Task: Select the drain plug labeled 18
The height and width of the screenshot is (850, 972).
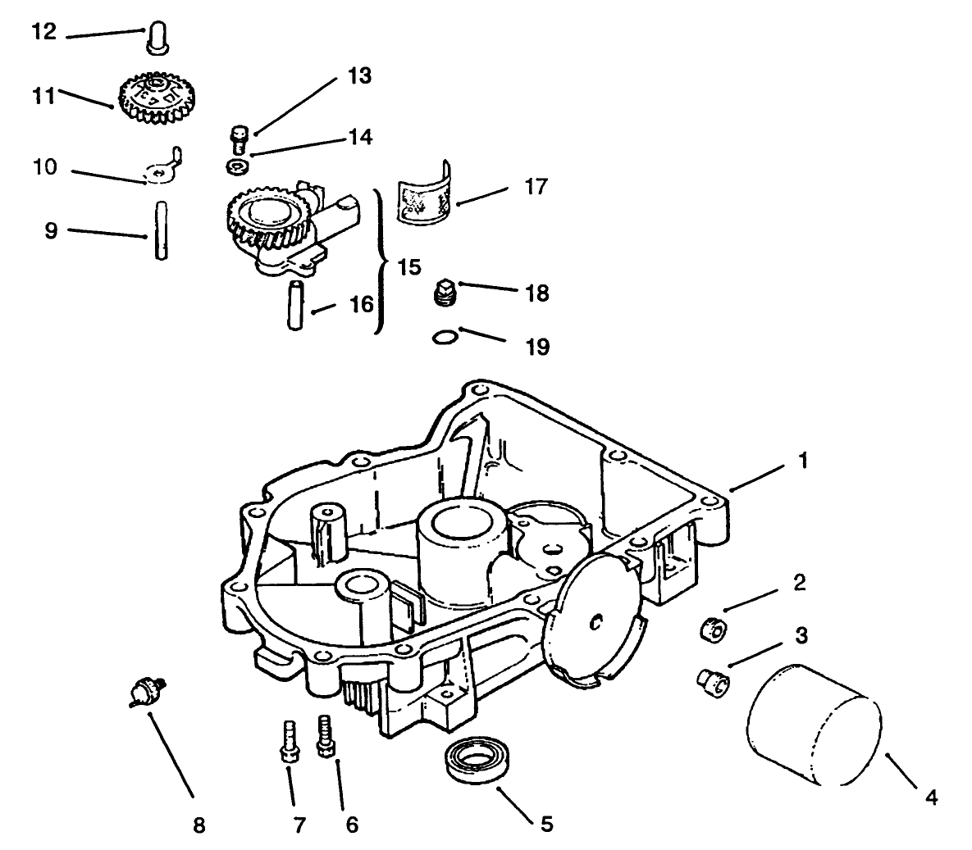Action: tap(445, 293)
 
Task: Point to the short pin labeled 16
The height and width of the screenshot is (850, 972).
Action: tap(296, 304)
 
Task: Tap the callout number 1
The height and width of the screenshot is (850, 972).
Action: tap(803, 461)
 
